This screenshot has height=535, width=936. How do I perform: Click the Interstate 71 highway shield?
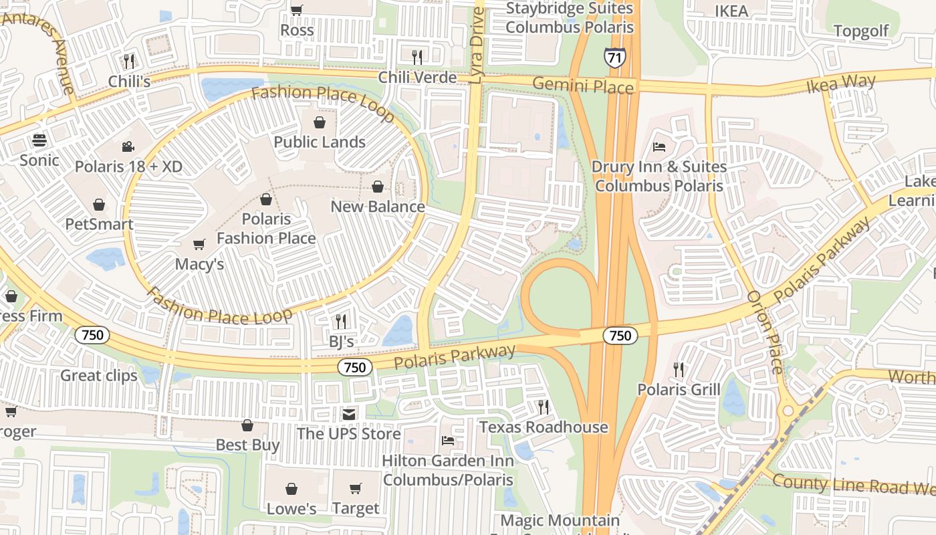(x=614, y=58)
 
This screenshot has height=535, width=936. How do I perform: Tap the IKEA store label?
(x=731, y=11)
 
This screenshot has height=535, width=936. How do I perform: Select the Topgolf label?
(x=861, y=31)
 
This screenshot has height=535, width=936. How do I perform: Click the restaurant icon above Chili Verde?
(x=418, y=57)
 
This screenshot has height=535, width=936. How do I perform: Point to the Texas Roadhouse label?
(x=543, y=427)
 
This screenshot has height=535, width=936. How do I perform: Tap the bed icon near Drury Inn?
(x=659, y=146)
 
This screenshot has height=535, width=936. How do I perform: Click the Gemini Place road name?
(x=583, y=86)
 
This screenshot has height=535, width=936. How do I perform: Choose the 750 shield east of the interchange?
(x=620, y=335)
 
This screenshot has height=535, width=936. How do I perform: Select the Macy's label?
(x=199, y=264)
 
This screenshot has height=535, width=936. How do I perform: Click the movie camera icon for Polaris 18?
(x=128, y=146)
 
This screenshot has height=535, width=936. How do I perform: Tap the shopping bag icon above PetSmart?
(x=99, y=204)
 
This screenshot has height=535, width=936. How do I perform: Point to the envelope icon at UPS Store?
(x=348, y=414)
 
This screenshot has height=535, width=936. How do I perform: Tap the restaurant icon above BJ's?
(x=341, y=322)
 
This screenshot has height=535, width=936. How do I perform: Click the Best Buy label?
(x=247, y=445)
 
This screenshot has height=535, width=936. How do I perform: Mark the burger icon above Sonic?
(x=39, y=140)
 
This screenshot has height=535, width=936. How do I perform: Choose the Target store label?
(x=356, y=508)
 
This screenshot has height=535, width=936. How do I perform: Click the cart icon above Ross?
(x=297, y=10)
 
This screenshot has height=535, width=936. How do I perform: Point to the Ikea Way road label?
(x=840, y=84)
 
